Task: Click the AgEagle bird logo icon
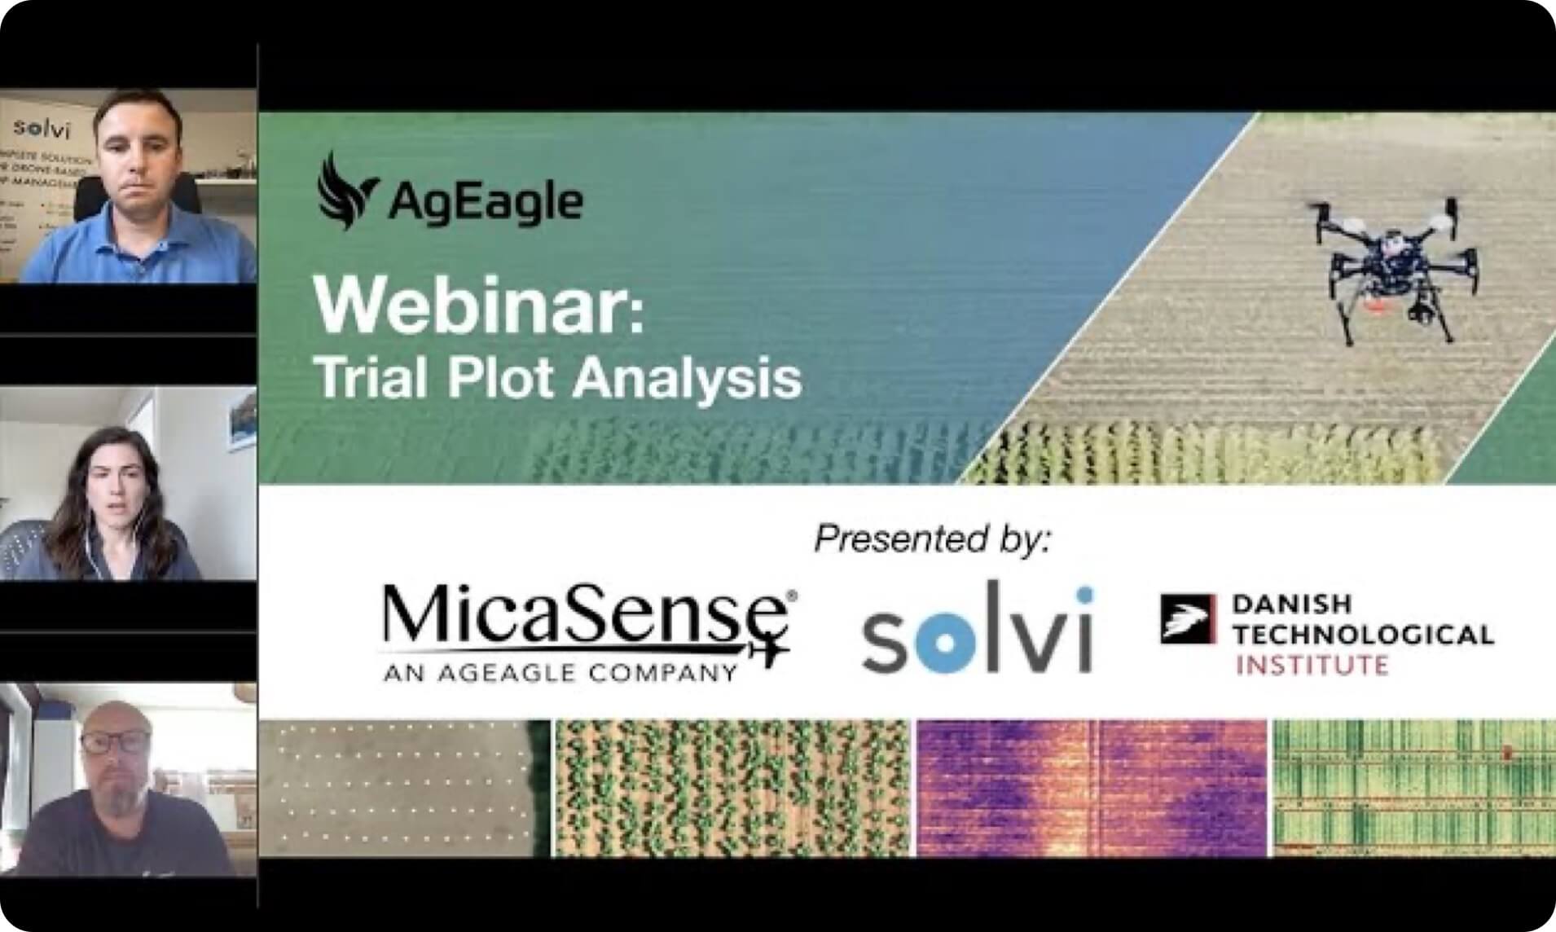tap(345, 191)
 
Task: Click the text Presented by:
tap(933, 539)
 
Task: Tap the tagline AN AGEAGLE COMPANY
tap(560, 673)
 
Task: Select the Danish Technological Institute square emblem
tap(1187, 619)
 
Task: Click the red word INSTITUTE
tap(1312, 666)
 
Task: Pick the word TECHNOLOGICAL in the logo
tap(1363, 634)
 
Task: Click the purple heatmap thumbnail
tap(1091, 788)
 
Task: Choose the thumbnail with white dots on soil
tap(404, 788)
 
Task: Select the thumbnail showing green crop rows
tap(732, 788)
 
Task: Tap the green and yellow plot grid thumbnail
tap(1413, 788)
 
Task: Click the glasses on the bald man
tap(116, 742)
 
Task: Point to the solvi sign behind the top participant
tap(42, 129)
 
